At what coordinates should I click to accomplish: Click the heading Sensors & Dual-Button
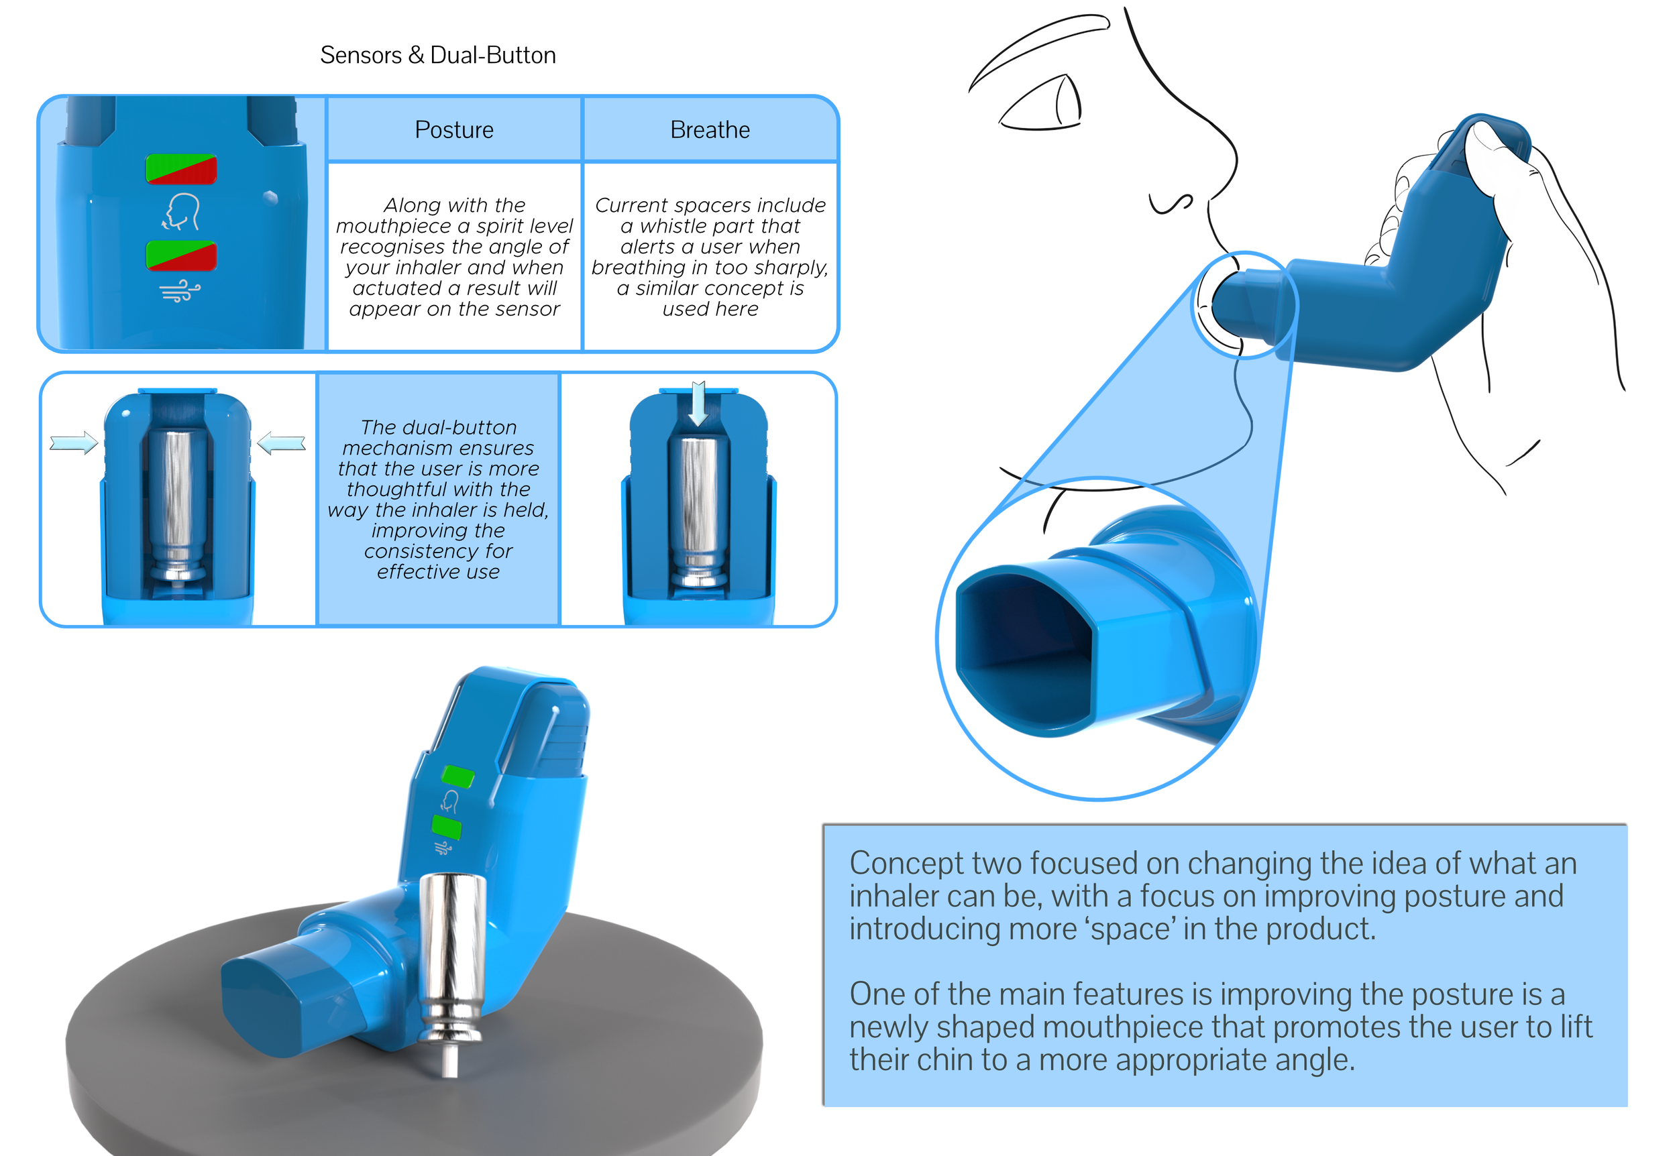tap(437, 55)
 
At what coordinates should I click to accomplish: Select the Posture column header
tap(454, 129)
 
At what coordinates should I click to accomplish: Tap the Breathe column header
tap(710, 129)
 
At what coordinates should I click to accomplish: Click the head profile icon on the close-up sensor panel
tap(181, 211)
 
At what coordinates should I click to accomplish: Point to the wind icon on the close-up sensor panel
tap(180, 291)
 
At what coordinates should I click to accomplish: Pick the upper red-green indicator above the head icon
tap(181, 170)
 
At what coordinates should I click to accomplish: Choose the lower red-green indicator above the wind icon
tap(181, 255)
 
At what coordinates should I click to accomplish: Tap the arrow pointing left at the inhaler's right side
tap(281, 442)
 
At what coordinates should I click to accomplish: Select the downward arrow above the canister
tap(698, 404)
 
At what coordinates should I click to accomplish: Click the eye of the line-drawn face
tap(1044, 105)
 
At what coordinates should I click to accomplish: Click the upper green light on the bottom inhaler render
tap(458, 776)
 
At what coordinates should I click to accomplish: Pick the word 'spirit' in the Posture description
tap(498, 226)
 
